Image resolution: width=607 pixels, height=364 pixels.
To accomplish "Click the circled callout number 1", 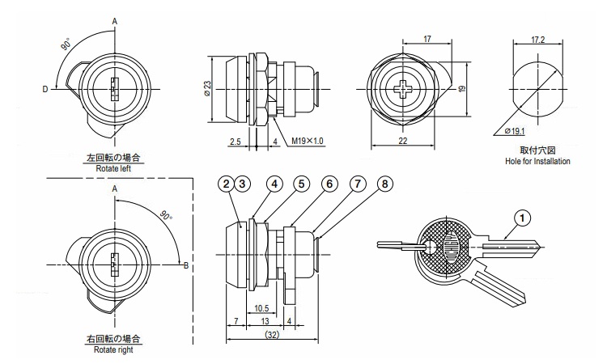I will click(524, 217).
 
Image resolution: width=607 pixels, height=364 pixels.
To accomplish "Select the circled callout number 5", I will click(301, 184).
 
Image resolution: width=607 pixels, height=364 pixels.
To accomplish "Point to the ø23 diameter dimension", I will click(208, 88).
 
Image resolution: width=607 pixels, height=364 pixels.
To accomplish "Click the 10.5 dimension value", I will click(261, 308).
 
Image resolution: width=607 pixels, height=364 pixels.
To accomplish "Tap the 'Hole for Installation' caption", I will click(537, 162).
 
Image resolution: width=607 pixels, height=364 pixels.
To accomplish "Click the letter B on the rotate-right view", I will click(186, 264).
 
